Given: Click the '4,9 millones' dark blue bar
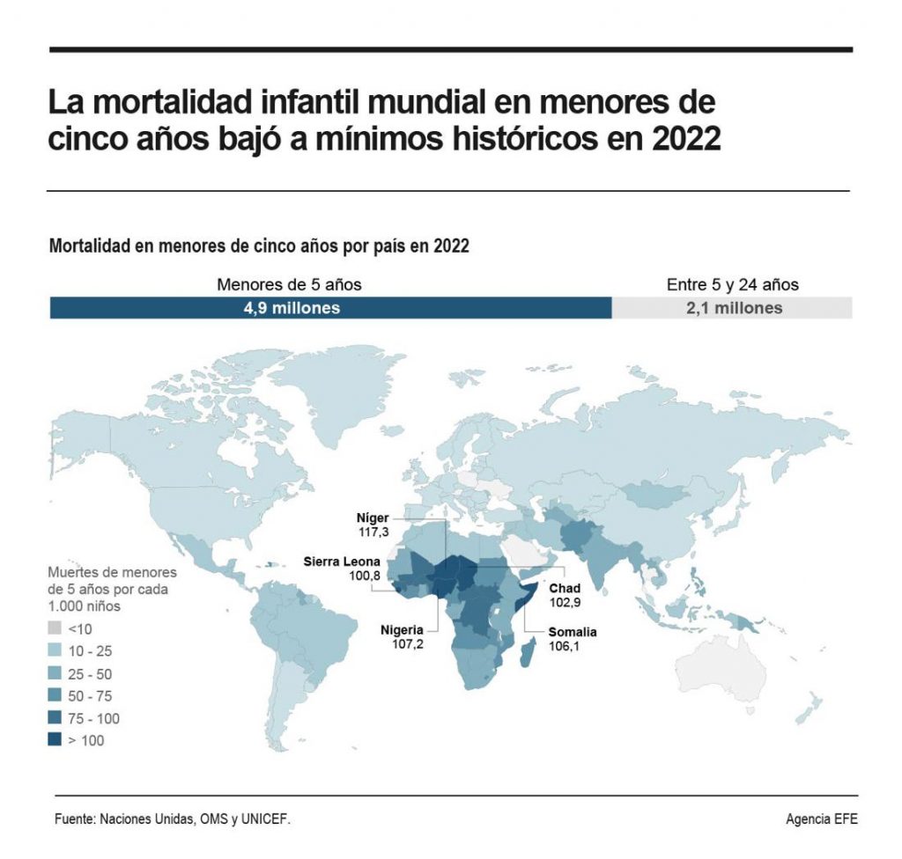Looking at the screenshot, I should [x=330, y=308].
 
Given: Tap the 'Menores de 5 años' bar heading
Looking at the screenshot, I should [x=289, y=284].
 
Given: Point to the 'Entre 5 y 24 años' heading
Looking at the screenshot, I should [x=733, y=284].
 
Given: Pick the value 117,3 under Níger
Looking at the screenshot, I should [x=367, y=532].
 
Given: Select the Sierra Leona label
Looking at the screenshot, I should [x=342, y=561].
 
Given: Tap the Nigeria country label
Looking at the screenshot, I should [x=402, y=630].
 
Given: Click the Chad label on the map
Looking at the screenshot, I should [x=565, y=588].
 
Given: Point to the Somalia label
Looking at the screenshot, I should [x=573, y=632].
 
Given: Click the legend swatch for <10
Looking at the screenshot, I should [x=55, y=629].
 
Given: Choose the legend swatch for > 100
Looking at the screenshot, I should [x=55, y=740].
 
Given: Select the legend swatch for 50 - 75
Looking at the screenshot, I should [x=55, y=696].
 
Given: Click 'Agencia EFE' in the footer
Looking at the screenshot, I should [x=820, y=819].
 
